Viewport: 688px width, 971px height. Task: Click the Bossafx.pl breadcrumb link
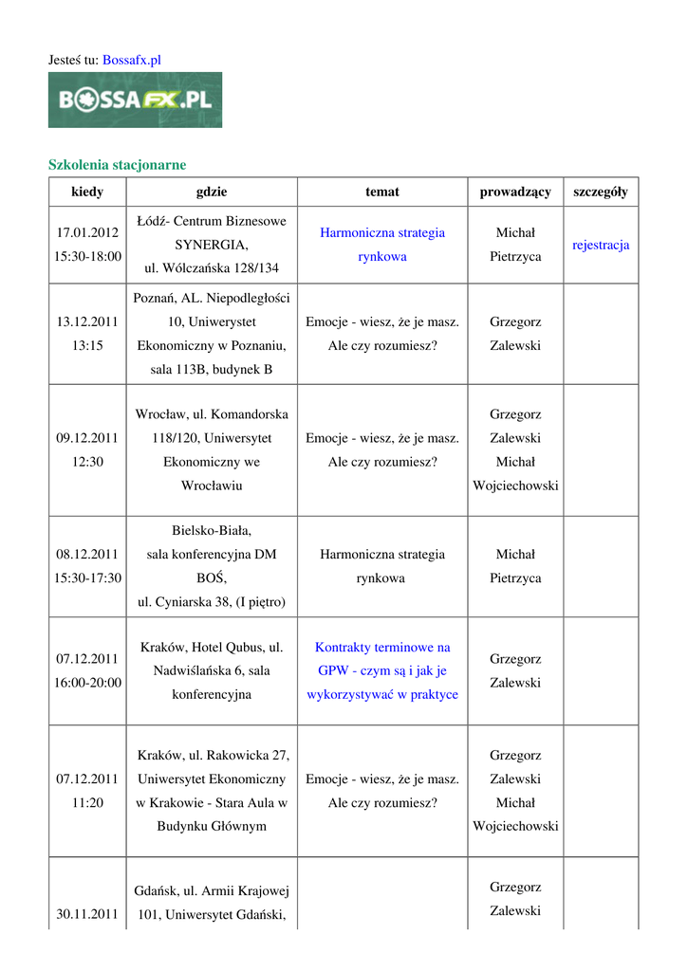point(131,60)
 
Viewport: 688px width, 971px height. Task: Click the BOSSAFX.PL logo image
point(135,100)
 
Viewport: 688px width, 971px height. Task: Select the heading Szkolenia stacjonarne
point(117,165)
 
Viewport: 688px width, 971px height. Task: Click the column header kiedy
point(87,192)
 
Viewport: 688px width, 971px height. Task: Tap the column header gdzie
point(212,192)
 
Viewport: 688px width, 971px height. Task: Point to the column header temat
point(382,192)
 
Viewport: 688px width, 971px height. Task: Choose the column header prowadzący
point(515,192)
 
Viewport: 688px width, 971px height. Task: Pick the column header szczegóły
point(601,192)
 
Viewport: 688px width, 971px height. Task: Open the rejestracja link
point(601,245)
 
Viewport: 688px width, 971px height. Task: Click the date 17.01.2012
point(87,232)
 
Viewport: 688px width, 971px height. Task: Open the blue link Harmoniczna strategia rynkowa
point(382,244)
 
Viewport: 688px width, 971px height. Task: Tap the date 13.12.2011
point(87,322)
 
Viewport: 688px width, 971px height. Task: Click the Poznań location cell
point(212,334)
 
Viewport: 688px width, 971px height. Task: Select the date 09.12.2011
point(87,438)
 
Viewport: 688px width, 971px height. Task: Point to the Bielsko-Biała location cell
point(212,566)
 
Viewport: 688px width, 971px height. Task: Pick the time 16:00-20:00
point(87,683)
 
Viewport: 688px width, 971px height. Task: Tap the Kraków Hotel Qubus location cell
point(212,670)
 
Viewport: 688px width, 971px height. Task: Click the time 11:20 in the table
point(87,802)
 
